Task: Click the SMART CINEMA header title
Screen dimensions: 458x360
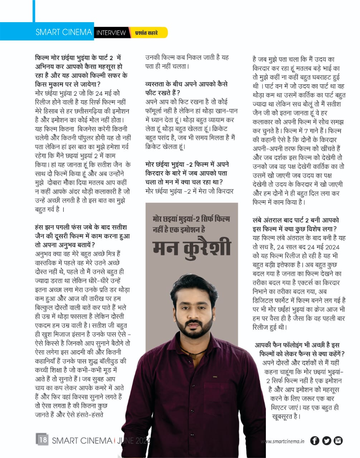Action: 64,32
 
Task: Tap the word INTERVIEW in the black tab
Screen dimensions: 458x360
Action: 111,33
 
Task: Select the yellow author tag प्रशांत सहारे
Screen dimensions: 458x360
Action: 146,33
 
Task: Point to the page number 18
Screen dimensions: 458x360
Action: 42,439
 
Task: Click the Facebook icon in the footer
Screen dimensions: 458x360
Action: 315,440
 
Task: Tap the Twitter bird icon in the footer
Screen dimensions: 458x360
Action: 326,440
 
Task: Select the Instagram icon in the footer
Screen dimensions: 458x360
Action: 338,440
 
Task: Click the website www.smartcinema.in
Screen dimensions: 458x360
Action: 282,441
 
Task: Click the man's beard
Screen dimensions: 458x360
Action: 194,331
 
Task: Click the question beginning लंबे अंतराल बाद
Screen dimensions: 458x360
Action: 296,224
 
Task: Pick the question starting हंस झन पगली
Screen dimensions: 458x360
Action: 82,236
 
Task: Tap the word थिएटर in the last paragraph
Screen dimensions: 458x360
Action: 282,407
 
